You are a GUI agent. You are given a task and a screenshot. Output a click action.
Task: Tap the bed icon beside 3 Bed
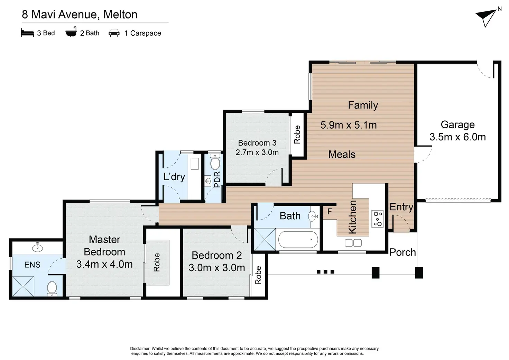[x=27, y=33]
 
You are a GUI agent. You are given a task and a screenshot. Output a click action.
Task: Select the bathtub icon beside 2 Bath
[x=71, y=32]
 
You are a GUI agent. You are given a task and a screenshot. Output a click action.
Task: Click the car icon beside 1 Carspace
[x=114, y=33]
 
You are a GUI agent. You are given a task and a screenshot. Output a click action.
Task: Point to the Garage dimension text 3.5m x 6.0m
[x=457, y=137]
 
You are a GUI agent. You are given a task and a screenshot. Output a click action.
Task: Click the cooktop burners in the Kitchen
[x=378, y=219]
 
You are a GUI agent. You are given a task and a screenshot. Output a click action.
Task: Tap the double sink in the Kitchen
[x=353, y=243]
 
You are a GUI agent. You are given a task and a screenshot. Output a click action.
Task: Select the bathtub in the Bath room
[x=298, y=240]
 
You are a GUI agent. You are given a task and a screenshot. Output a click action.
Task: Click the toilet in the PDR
[x=215, y=162]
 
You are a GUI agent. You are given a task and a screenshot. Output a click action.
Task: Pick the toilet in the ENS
[x=52, y=289]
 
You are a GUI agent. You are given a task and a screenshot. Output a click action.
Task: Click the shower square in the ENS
[x=23, y=286]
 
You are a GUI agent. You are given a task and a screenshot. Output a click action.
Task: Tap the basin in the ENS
[x=37, y=247]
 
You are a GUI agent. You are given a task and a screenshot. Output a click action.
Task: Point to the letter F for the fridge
[x=330, y=212]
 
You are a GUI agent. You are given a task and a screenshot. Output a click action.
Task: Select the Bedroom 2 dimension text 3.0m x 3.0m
[x=217, y=268]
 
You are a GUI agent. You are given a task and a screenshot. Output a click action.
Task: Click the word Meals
[x=342, y=155]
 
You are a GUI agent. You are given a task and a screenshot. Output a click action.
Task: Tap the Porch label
[x=402, y=252]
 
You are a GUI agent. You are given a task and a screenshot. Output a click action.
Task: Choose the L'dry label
[x=174, y=177]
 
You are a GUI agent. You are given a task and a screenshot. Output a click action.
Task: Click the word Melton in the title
[x=120, y=15]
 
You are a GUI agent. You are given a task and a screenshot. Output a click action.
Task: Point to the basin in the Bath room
[x=313, y=216]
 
